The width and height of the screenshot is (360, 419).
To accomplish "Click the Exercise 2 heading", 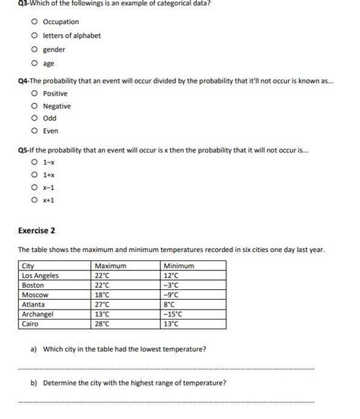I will (x=36, y=230).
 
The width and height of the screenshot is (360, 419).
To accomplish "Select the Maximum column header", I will (x=110, y=266).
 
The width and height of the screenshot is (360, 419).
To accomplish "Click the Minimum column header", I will (x=179, y=266).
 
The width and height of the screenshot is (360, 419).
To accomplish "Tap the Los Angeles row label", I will (x=40, y=276).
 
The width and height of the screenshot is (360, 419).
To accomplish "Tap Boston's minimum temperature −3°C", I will (x=172, y=285).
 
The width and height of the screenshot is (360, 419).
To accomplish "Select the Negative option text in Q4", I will (x=56, y=106).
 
